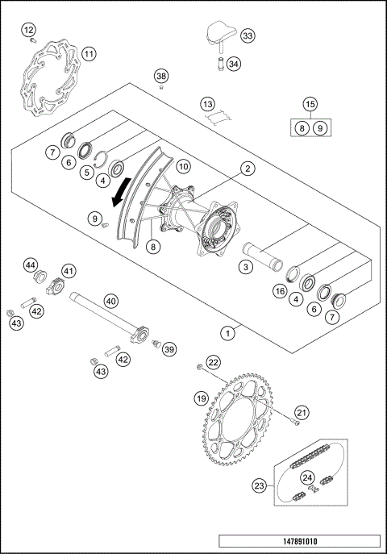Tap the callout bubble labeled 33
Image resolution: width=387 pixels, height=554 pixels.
click(x=247, y=35)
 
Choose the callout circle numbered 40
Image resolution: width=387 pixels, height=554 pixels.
click(x=111, y=300)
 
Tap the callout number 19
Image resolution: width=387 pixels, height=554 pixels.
click(x=202, y=398)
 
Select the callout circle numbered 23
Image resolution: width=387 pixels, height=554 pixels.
click(x=260, y=485)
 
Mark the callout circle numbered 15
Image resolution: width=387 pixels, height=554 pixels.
click(x=310, y=103)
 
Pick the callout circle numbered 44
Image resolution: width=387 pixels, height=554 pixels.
click(x=31, y=265)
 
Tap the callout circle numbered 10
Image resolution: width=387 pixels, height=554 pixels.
click(x=183, y=166)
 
